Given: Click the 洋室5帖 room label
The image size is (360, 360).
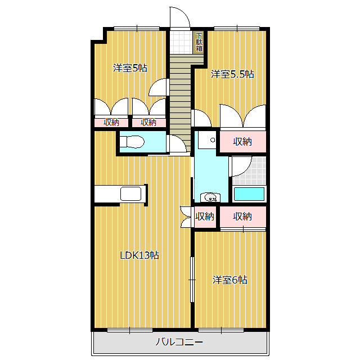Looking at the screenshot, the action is click(x=130, y=68).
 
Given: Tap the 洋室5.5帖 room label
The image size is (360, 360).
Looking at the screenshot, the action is click(x=232, y=74).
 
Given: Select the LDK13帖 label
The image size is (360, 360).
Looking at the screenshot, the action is click(x=139, y=255).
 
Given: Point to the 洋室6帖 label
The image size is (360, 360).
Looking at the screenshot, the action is click(x=230, y=280).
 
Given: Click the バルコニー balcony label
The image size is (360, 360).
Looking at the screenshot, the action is click(x=179, y=342).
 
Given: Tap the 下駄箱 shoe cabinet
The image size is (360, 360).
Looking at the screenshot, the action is click(x=199, y=42).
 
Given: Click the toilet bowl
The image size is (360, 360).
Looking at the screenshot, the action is click(x=132, y=142).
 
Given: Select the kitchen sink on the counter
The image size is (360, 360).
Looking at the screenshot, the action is click(x=131, y=193).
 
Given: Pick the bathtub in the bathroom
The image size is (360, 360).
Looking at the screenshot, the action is click(x=249, y=194).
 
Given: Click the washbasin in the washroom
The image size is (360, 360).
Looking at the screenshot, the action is click(x=210, y=197).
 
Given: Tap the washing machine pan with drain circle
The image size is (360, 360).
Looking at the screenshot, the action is click(x=208, y=140).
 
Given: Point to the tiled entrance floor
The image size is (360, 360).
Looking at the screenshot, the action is click(x=181, y=43).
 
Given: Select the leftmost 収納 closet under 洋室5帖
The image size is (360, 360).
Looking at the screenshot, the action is click(x=111, y=123).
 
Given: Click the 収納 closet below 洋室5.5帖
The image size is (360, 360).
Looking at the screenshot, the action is click(x=243, y=141).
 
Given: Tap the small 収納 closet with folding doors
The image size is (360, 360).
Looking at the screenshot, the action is click(x=205, y=216).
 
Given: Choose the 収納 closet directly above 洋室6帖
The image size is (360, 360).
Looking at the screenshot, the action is click(x=243, y=216).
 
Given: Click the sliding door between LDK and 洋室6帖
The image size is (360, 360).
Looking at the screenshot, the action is click(x=192, y=280).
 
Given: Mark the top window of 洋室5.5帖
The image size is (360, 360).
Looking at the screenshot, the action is click(x=237, y=29).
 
